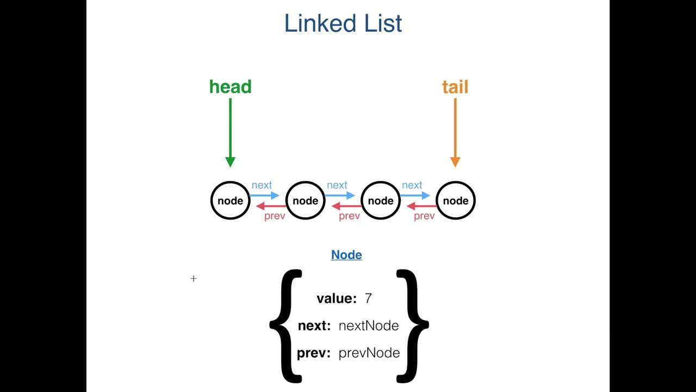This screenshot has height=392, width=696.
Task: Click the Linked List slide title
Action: tap(343, 23)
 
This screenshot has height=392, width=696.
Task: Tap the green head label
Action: tap(230, 87)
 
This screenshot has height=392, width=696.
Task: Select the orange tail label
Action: tap(455, 87)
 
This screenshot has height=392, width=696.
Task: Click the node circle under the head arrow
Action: tap(230, 200)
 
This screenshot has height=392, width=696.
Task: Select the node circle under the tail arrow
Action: tap(456, 200)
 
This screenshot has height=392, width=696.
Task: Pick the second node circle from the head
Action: tap(305, 200)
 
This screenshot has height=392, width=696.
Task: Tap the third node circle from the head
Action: tap(381, 200)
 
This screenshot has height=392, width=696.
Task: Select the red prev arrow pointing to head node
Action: tap(271, 206)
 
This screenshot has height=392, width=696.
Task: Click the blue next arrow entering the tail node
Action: tap(415, 195)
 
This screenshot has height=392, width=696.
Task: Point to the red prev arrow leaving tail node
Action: tap(421, 206)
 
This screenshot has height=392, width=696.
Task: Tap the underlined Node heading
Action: tap(346, 255)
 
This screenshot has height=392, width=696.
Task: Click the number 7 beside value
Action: tap(368, 298)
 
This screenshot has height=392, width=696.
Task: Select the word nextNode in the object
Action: tap(369, 326)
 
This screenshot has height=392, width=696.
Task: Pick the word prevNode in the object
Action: tap(369, 353)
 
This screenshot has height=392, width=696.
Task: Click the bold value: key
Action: tap(337, 298)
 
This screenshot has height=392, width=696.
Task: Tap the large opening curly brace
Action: tap(285, 325)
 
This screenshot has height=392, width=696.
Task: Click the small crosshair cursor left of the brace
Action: tap(194, 279)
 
